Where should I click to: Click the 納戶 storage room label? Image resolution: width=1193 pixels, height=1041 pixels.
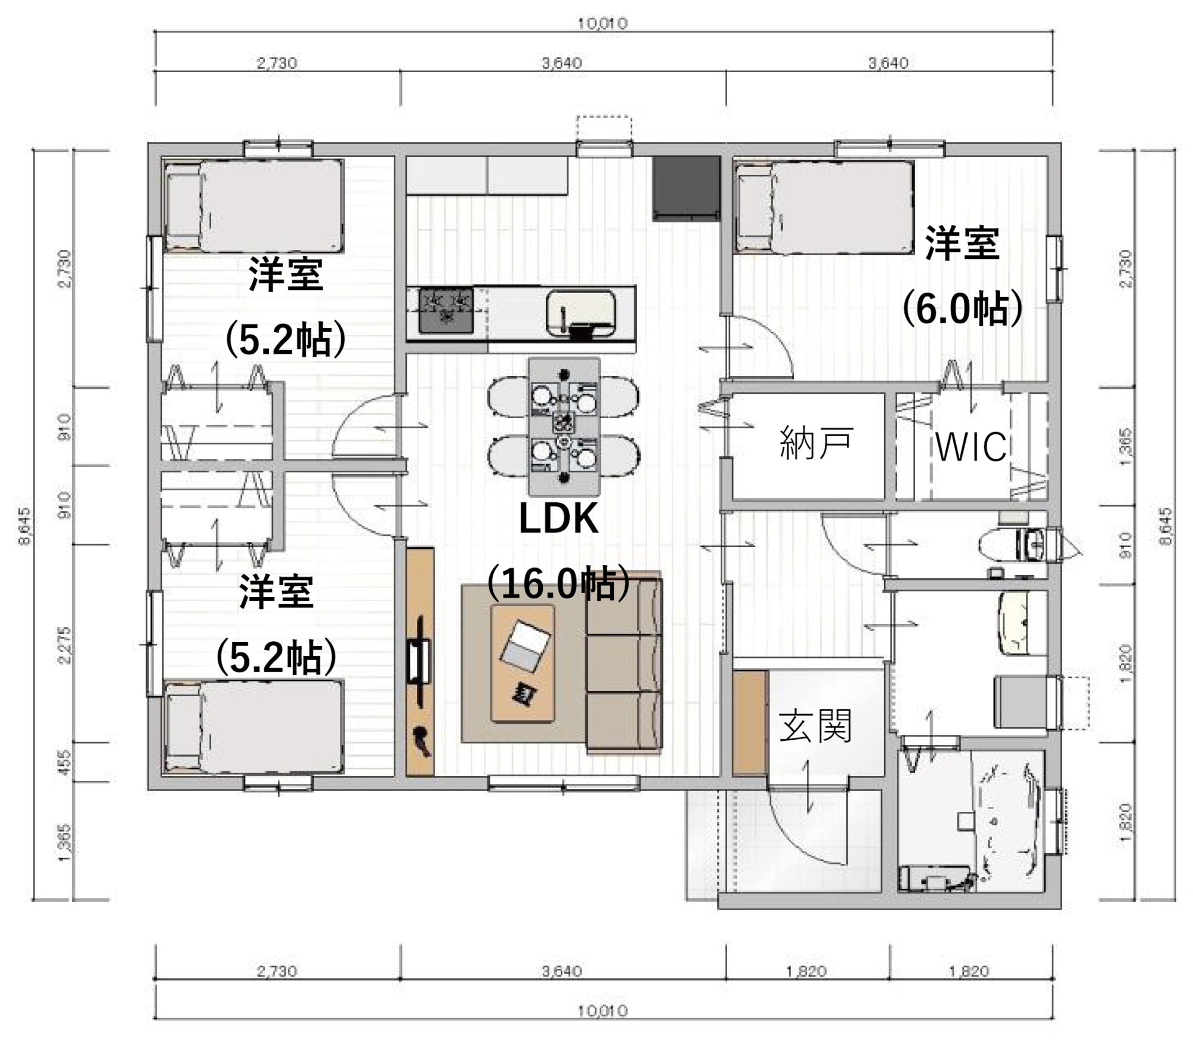(x=816, y=443)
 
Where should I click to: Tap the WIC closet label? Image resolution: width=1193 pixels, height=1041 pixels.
(x=971, y=447)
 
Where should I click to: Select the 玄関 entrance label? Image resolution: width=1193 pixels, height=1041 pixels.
(x=815, y=725)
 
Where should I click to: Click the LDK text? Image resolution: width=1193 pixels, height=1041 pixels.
(x=558, y=518)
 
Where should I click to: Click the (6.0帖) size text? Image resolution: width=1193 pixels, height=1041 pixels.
(x=962, y=308)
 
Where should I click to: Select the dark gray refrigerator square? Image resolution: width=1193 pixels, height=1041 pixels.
(x=686, y=188)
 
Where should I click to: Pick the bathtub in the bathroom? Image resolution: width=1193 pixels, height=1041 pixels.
(x=1008, y=820)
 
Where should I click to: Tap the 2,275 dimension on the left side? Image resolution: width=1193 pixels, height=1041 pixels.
(x=66, y=644)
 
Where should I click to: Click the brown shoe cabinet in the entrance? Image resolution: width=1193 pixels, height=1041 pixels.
(x=749, y=722)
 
